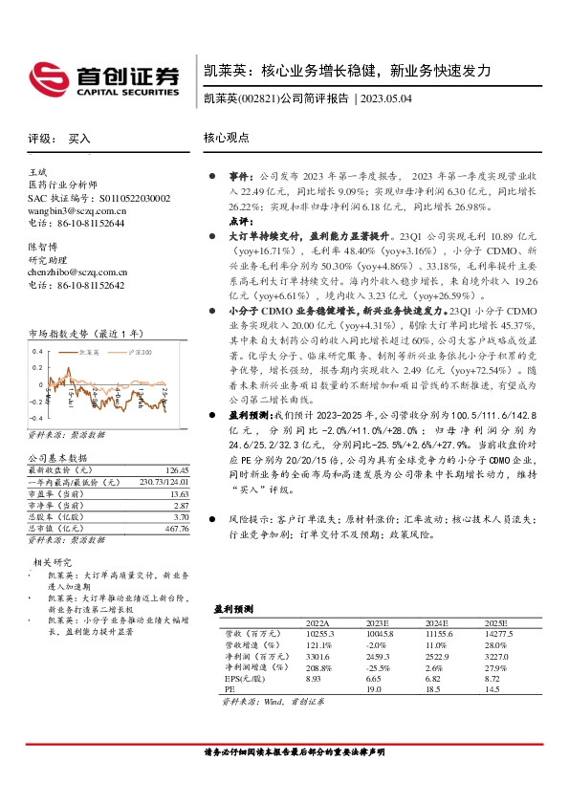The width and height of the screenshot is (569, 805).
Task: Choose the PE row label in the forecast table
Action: [x=229, y=689]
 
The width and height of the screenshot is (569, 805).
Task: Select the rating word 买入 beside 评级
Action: [x=79, y=139]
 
